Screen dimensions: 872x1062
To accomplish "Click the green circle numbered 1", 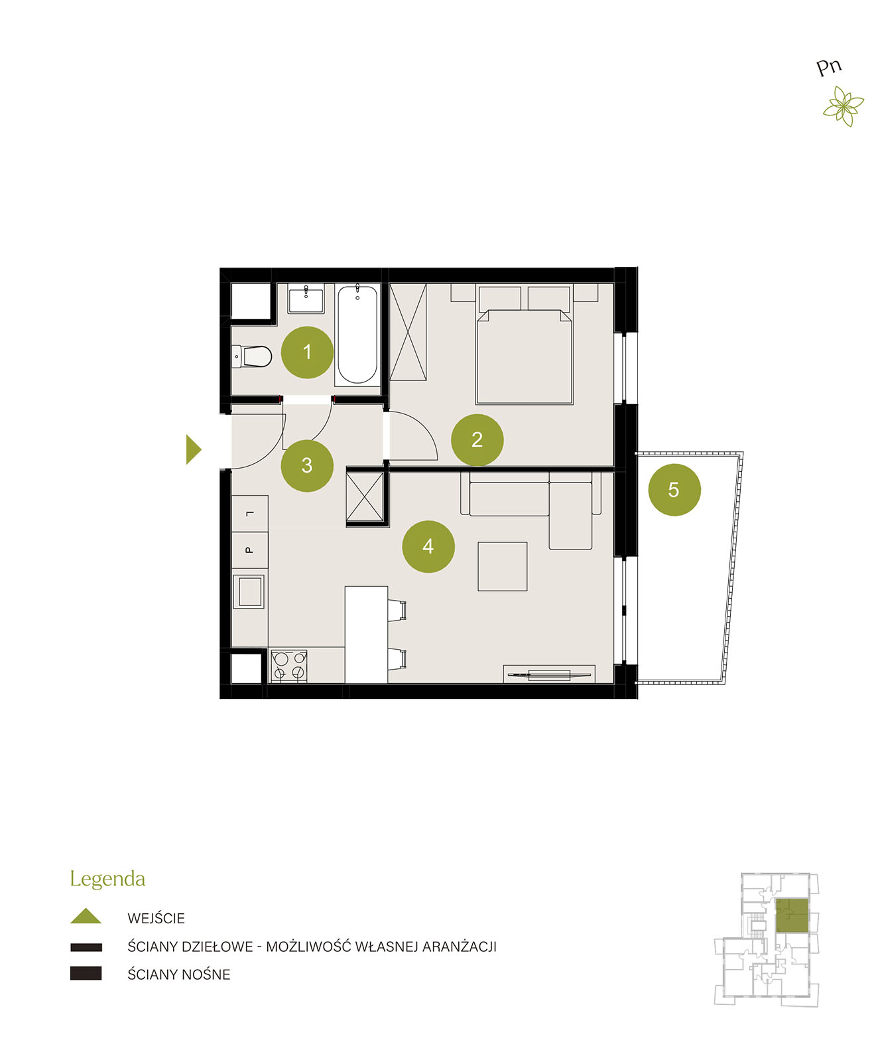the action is coord(306,352).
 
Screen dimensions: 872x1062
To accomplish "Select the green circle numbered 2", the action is coord(477,439).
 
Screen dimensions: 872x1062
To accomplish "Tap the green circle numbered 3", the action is coord(306,465).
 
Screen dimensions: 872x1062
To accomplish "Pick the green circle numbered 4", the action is coord(428,546).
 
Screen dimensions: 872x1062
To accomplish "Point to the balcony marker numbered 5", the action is coord(674,489).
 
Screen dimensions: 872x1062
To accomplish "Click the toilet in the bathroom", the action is coord(251,356).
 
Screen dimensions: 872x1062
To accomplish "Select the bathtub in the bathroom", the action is coord(357,335).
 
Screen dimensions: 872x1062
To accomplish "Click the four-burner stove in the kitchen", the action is coord(288,666).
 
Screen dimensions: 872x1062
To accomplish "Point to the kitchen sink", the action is coord(249,591).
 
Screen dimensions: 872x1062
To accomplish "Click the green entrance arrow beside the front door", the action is coord(193,449).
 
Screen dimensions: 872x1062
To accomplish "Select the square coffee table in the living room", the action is coord(502,566).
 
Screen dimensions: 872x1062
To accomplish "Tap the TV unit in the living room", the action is coord(548,674).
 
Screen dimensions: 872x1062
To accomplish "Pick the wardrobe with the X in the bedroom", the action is coord(408,332).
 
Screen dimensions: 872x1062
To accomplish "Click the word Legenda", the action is coord(107,879).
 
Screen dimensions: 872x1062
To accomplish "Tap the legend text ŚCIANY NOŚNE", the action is coord(178,974).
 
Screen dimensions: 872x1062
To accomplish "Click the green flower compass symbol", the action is coord(843,106).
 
